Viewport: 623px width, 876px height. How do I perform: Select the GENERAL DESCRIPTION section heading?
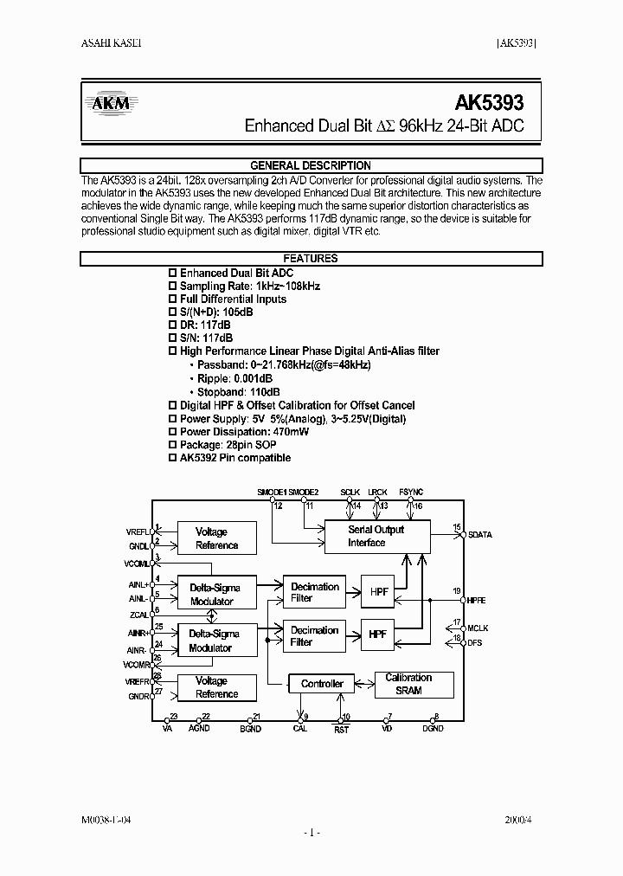311,165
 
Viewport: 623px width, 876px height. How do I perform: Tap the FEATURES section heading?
311,259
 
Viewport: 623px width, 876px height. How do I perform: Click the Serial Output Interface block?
376,536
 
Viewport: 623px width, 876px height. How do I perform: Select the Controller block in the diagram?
322,684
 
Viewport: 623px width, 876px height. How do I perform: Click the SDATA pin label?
479,535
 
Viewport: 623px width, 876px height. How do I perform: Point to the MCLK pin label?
478,628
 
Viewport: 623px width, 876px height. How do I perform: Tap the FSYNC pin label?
412,492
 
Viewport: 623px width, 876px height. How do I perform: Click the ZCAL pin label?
138,615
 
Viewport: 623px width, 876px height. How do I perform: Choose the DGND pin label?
433,729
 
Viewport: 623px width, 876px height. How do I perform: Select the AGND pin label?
199,729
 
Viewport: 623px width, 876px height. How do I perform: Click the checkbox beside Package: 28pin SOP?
172,445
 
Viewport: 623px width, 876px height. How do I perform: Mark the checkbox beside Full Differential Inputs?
172,300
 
